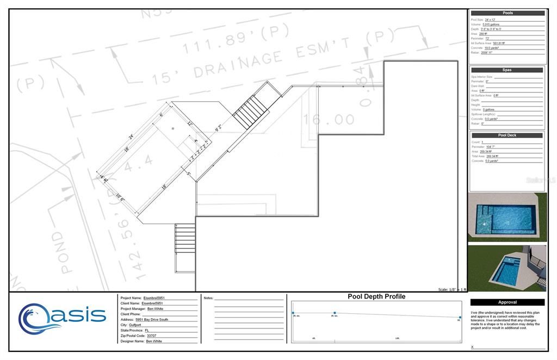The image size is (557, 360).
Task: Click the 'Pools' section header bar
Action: tap(507, 13)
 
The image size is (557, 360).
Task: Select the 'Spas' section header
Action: tap(506, 70)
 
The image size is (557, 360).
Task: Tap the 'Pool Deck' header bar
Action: tap(506, 135)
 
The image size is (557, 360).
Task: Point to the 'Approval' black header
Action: tap(507, 302)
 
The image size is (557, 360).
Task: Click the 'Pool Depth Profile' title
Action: tap(376, 297)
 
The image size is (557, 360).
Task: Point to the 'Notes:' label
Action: tap(209, 298)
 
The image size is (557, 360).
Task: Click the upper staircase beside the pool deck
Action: tap(251, 111)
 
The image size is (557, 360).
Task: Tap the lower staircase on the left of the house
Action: tap(185, 239)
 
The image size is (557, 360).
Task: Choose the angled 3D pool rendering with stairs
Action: tap(506, 268)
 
